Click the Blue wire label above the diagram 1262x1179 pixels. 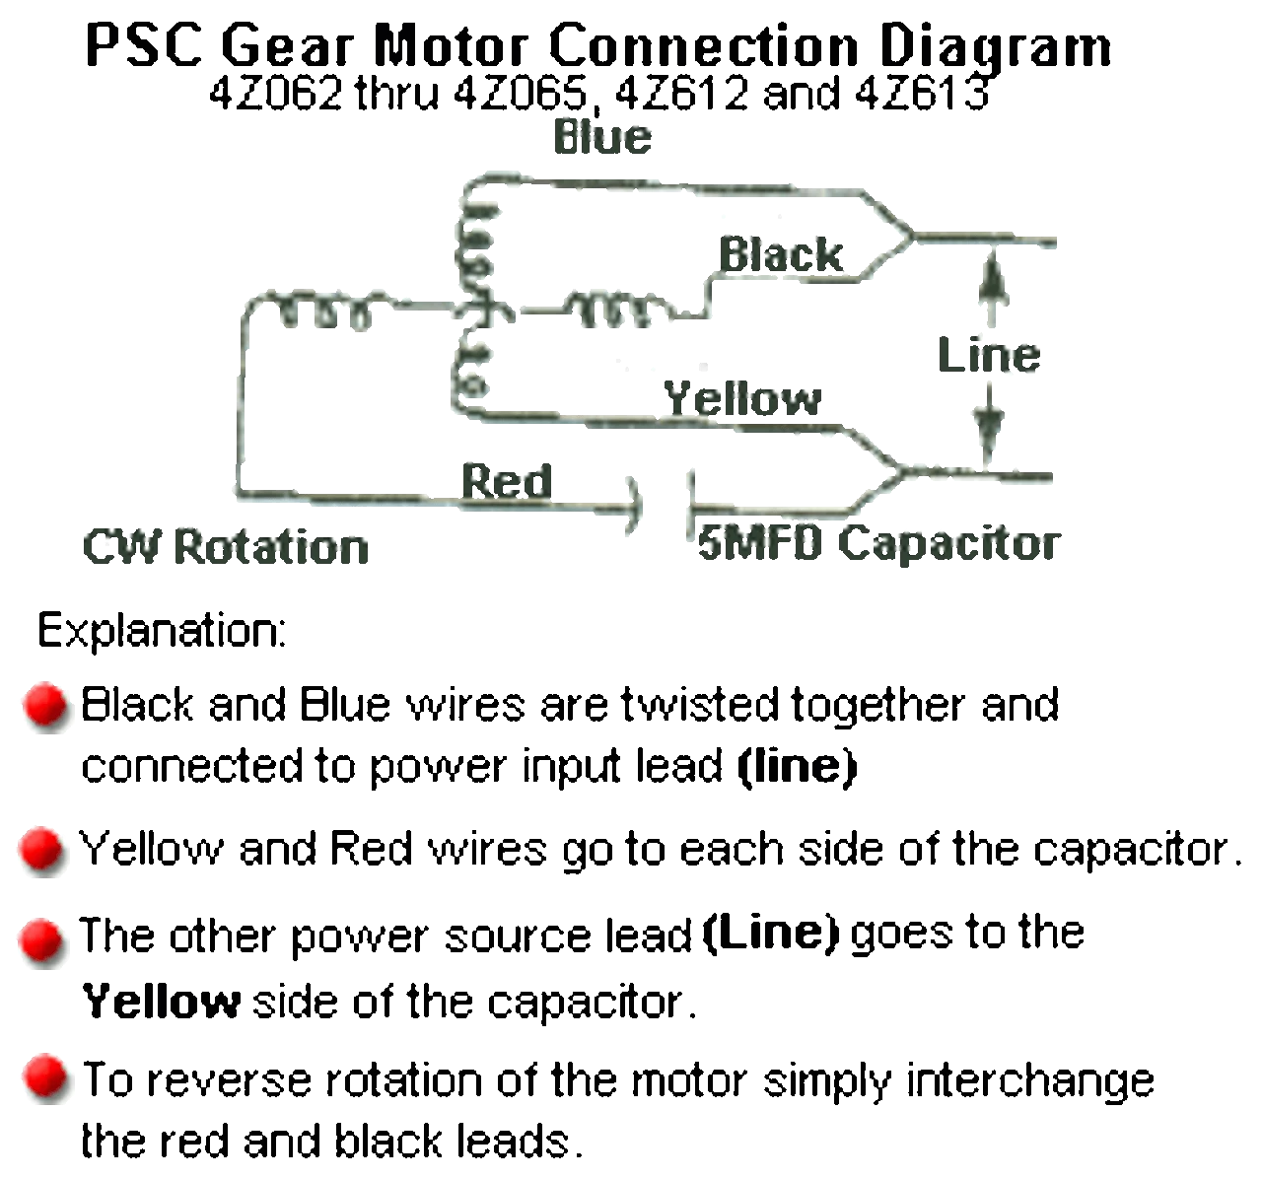[x=602, y=138]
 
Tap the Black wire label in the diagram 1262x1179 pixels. [x=780, y=255]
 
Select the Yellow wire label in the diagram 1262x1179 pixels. [x=742, y=399]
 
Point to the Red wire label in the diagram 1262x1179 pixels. [x=506, y=482]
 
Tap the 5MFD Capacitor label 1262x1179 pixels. [x=877, y=543]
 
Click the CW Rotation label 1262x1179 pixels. [x=226, y=547]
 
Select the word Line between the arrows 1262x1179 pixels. [x=988, y=355]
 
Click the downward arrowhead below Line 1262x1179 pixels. [x=989, y=434]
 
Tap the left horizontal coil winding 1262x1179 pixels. [x=324, y=312]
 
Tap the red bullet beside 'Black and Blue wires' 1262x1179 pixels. [x=44, y=706]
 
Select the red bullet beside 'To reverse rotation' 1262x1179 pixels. [x=45, y=1077]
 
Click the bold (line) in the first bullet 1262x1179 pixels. [x=798, y=766]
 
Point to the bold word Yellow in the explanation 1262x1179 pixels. [x=161, y=1002]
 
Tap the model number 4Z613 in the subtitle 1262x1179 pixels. [x=922, y=93]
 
